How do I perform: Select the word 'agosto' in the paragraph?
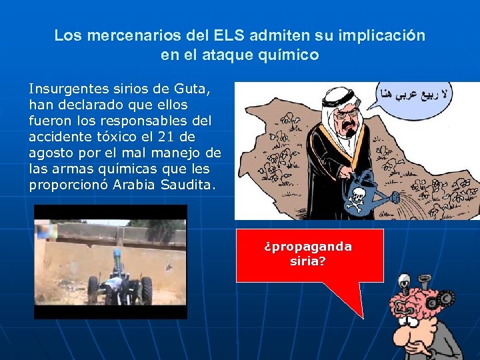50,153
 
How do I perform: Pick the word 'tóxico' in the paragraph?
114,137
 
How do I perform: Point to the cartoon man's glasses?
350,119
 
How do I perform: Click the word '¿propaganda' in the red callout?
308,247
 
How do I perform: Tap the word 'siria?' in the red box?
308,261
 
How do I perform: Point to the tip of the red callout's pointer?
362,317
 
